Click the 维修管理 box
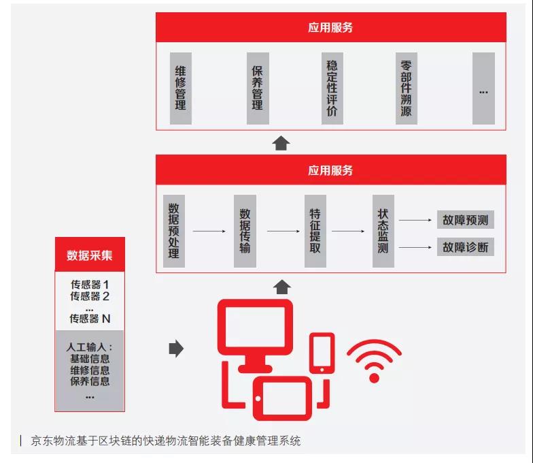click(180, 89)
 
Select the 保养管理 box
click(257, 89)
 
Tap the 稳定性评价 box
click(332, 89)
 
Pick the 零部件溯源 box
click(406, 89)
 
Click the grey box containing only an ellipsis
click(483, 89)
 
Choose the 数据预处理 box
click(173, 231)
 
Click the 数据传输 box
click(245, 231)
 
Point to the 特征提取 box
click(315, 231)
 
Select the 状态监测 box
click(383, 231)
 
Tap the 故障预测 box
click(465, 220)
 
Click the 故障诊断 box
click(465, 246)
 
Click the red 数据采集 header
click(90, 255)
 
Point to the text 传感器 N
click(90, 318)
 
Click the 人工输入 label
click(90, 338)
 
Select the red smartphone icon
click(322, 353)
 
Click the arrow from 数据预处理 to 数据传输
click(209, 231)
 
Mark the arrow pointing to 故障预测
click(415, 220)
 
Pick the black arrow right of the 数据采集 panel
click(176, 349)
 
